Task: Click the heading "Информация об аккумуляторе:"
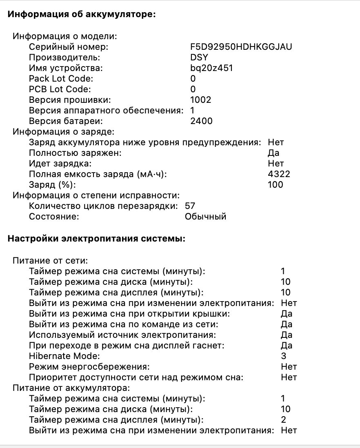(82, 14)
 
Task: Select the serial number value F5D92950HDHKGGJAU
(241, 47)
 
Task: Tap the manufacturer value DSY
(199, 58)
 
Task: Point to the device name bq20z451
(211, 68)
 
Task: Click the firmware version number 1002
(201, 100)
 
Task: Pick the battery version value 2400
(201, 121)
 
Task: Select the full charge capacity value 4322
(279, 174)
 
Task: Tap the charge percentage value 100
(276, 185)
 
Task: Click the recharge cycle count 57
(190, 206)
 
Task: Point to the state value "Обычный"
(205, 217)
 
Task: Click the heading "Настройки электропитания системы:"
(97, 239)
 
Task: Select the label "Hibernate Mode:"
(61, 356)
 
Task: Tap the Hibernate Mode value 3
(284, 356)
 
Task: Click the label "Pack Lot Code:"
(61, 78)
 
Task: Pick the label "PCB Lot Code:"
(60, 89)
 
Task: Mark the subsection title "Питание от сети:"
(51, 260)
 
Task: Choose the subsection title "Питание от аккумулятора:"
(71, 388)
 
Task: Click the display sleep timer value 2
(284, 419)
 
